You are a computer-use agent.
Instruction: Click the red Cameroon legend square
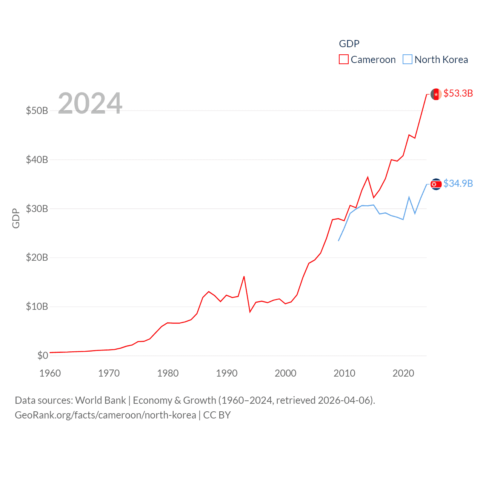(x=343, y=60)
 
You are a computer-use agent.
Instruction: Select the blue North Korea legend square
(x=408, y=60)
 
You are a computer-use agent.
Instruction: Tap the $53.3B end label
(x=458, y=93)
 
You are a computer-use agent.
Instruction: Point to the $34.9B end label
(x=458, y=183)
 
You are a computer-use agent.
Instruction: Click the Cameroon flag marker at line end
(x=436, y=94)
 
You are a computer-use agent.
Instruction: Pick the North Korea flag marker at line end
(x=436, y=184)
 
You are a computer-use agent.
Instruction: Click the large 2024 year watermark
(x=90, y=103)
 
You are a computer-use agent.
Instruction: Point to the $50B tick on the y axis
(x=37, y=111)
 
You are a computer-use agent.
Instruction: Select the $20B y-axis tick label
(x=37, y=258)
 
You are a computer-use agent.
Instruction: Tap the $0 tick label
(x=43, y=355)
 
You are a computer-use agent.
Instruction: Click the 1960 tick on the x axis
(x=50, y=373)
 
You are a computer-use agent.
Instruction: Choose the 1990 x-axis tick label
(x=227, y=373)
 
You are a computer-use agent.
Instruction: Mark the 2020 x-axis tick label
(x=403, y=373)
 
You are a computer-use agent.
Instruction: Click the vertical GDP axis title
(x=16, y=218)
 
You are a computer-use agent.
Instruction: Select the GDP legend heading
(x=349, y=44)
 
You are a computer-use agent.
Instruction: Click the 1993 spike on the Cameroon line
(x=244, y=277)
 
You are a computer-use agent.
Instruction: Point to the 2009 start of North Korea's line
(x=338, y=241)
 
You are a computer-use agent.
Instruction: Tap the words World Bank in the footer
(x=101, y=400)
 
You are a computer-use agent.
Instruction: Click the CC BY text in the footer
(x=217, y=415)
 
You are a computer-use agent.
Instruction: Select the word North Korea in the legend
(x=441, y=60)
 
